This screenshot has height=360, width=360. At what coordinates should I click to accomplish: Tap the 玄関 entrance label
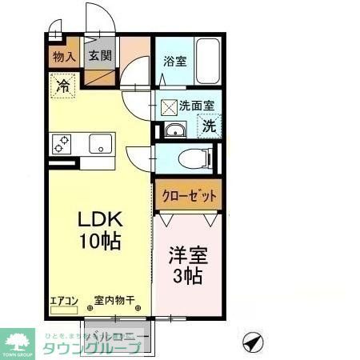[99, 57]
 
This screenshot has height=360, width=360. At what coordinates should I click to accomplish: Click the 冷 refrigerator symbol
[62, 86]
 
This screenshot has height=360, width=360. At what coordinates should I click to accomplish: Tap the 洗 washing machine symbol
[210, 125]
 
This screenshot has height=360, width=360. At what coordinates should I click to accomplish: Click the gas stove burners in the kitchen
[62, 144]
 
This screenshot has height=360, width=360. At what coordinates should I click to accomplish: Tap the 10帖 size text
[99, 240]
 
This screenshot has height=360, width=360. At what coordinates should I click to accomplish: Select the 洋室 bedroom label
[189, 257]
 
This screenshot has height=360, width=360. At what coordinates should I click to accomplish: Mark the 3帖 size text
[189, 277]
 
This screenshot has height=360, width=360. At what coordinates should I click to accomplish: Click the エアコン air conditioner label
[63, 300]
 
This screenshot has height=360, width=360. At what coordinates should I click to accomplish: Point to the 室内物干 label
[112, 300]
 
